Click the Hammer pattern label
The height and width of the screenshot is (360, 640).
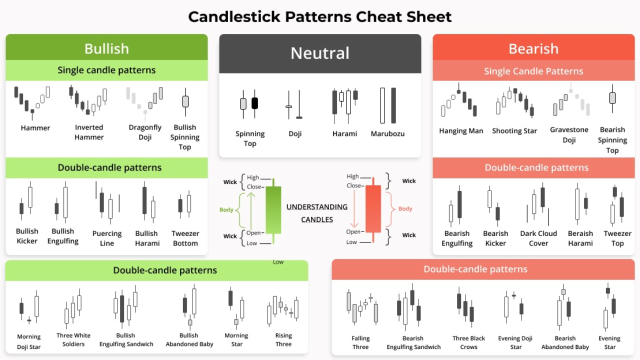coord(35,128)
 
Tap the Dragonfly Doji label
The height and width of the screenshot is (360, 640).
coord(145,132)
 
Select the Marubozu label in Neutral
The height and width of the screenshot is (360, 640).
coord(387,134)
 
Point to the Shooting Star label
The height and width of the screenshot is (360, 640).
coord(514,131)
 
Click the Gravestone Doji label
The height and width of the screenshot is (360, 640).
coord(569,135)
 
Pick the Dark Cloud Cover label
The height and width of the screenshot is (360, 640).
coord(538,238)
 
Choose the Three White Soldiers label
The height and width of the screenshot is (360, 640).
coord(73,340)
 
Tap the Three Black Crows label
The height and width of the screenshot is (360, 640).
coord(468,342)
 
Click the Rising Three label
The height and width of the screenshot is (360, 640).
coord(283,340)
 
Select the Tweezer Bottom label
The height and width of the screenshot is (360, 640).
coord(185,238)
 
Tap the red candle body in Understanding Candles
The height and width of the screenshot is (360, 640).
coord(373,208)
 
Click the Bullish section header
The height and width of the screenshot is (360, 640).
coord(106,48)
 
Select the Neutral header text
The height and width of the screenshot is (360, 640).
coord(320,53)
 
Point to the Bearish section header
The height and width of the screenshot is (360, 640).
coord(533,48)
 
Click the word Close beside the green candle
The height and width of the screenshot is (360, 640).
coord(254,187)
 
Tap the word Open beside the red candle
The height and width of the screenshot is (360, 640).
coord(353,232)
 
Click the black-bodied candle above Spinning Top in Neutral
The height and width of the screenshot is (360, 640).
coord(254,103)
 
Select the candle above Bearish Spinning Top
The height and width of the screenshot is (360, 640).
coord(612,97)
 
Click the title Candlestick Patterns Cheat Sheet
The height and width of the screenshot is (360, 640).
coord(320,17)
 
